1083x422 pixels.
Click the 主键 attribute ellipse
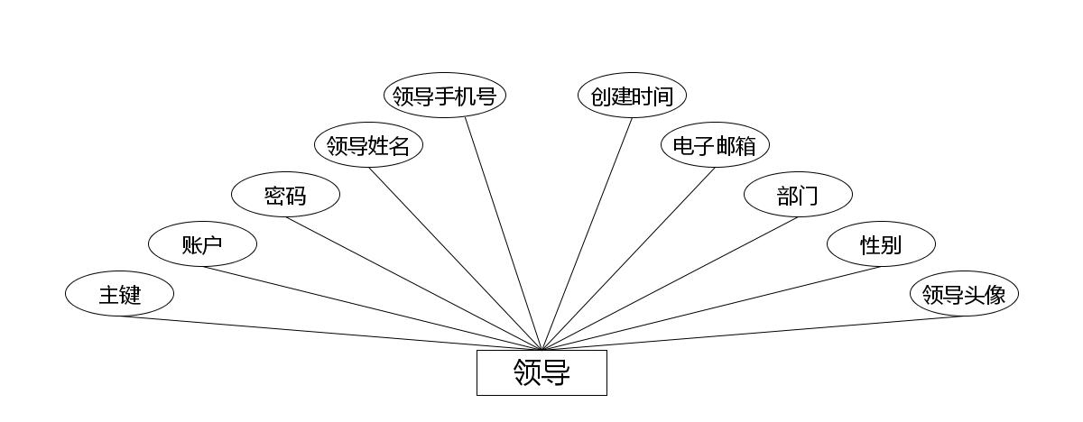pyautogui.click(x=119, y=294)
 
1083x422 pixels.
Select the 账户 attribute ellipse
pyautogui.click(x=202, y=244)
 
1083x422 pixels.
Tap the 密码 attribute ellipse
pyautogui.click(x=285, y=195)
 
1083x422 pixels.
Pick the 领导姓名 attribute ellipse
pyautogui.click(x=368, y=145)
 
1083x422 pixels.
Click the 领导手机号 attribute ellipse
pyautogui.click(x=444, y=96)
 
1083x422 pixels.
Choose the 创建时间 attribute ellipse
pyautogui.click(x=632, y=96)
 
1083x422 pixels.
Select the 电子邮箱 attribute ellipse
pyautogui.click(x=715, y=145)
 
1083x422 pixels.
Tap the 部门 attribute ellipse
pyautogui.click(x=798, y=195)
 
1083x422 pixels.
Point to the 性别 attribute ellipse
pyautogui.click(x=881, y=244)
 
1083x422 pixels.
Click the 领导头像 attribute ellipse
pyautogui.click(x=964, y=294)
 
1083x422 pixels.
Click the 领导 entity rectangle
pyautogui.click(x=541, y=372)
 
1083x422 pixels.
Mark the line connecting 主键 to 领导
pyautogui.click(x=330, y=333)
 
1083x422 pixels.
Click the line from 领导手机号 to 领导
pyautogui.click(x=504, y=234)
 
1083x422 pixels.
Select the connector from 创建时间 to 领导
pyautogui.click(x=587, y=234)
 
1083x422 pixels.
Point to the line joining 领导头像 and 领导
pyautogui.click(x=753, y=333)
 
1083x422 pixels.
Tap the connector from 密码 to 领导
pyautogui.click(x=413, y=283)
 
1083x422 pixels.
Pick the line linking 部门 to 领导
pyautogui.click(x=670, y=283)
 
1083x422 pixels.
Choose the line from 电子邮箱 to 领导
pyautogui.click(x=628, y=259)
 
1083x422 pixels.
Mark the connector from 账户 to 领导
pyautogui.click(x=372, y=308)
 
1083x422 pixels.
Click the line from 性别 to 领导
pyautogui.click(x=711, y=308)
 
